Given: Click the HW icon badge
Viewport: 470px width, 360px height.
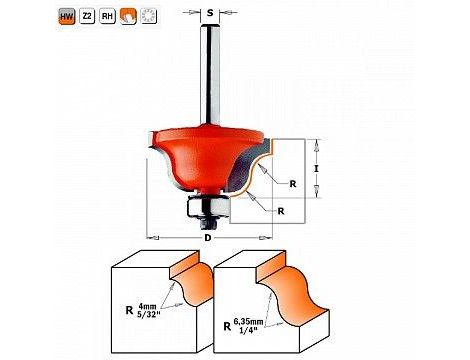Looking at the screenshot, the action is [x=67, y=16].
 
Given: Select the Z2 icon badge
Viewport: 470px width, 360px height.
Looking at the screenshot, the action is [x=87, y=16].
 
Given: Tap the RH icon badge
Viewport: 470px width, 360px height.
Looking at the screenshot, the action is [x=107, y=16].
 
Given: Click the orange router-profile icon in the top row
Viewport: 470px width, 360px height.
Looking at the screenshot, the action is [x=128, y=16].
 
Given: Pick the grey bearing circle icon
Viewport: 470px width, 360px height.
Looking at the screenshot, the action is [x=148, y=16].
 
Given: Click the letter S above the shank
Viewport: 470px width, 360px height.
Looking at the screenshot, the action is [x=210, y=13].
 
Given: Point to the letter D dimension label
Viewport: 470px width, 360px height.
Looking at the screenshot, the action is [x=208, y=238].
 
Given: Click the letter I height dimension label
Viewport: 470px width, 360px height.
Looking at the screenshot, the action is [x=316, y=169].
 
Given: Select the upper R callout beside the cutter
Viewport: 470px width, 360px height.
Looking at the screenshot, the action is [x=293, y=184].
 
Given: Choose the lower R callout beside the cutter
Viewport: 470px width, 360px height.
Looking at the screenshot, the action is [x=281, y=211].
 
